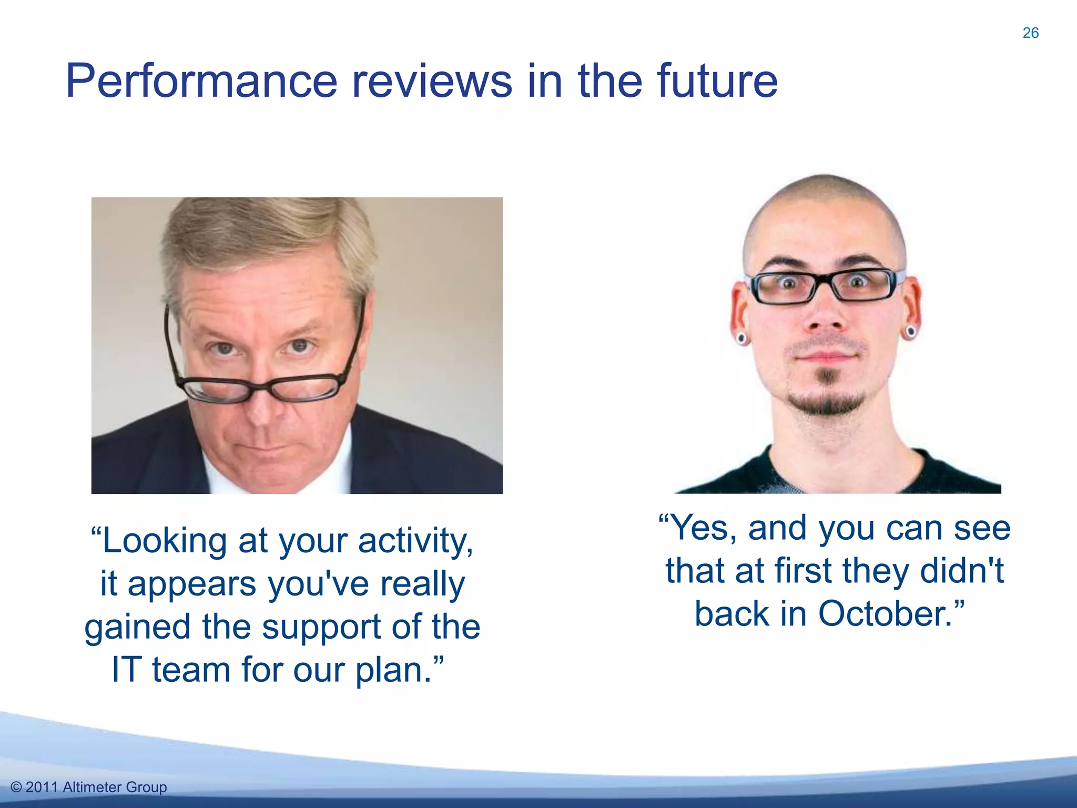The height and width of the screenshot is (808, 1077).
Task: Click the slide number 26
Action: pos(1030,33)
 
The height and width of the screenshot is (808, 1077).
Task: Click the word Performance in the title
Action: pos(201,82)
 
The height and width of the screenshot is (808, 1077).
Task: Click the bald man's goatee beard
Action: pos(826,402)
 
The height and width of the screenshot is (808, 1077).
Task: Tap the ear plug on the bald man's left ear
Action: pos(910,332)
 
